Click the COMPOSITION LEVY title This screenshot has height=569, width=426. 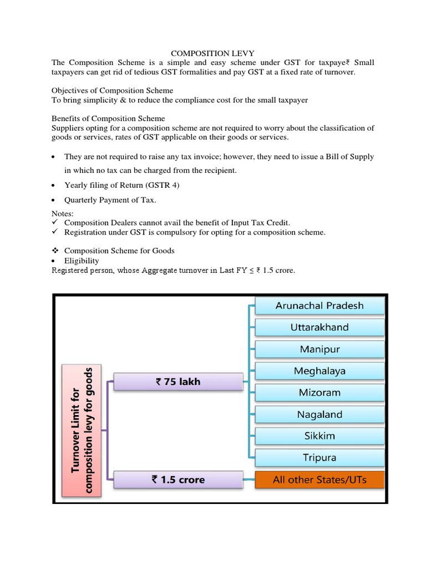point(212,53)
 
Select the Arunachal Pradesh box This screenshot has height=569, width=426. point(319,306)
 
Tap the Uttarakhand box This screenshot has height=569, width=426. point(319,327)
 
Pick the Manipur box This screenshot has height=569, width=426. point(319,350)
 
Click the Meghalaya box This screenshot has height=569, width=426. point(319,371)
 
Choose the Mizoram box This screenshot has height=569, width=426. point(319,392)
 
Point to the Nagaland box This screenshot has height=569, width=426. point(319,415)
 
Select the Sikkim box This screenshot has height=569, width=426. point(319,436)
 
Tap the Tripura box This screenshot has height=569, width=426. point(319,458)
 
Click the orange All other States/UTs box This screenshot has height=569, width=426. point(319,480)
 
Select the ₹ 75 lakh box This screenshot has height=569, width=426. point(178,382)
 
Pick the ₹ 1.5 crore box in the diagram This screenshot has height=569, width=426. point(178,480)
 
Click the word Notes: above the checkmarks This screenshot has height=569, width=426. point(63,213)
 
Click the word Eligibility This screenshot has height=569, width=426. point(82,261)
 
